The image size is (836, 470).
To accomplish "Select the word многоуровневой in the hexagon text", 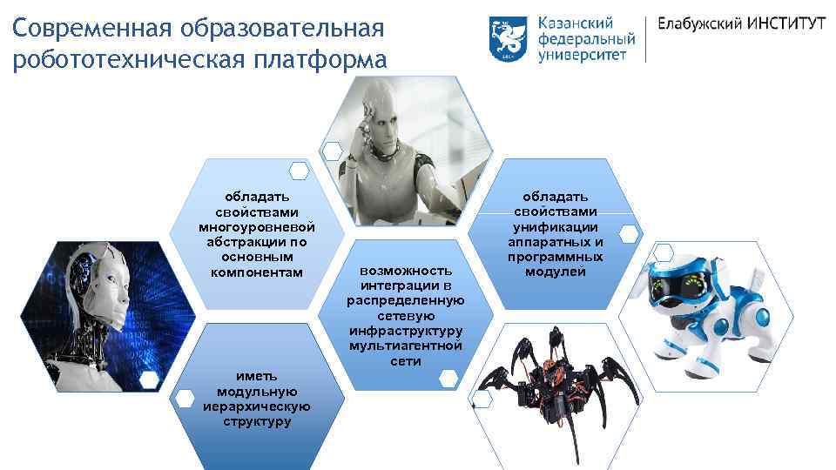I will pos(257,228).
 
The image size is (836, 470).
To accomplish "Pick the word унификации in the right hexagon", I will pos(556,227).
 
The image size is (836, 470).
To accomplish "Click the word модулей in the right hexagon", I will pos(556,272).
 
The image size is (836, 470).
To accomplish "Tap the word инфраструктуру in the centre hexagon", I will pos(406,331).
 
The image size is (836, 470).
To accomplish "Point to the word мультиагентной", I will pos(406,346).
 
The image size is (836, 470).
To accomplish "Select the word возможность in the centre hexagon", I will pos(406,272).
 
